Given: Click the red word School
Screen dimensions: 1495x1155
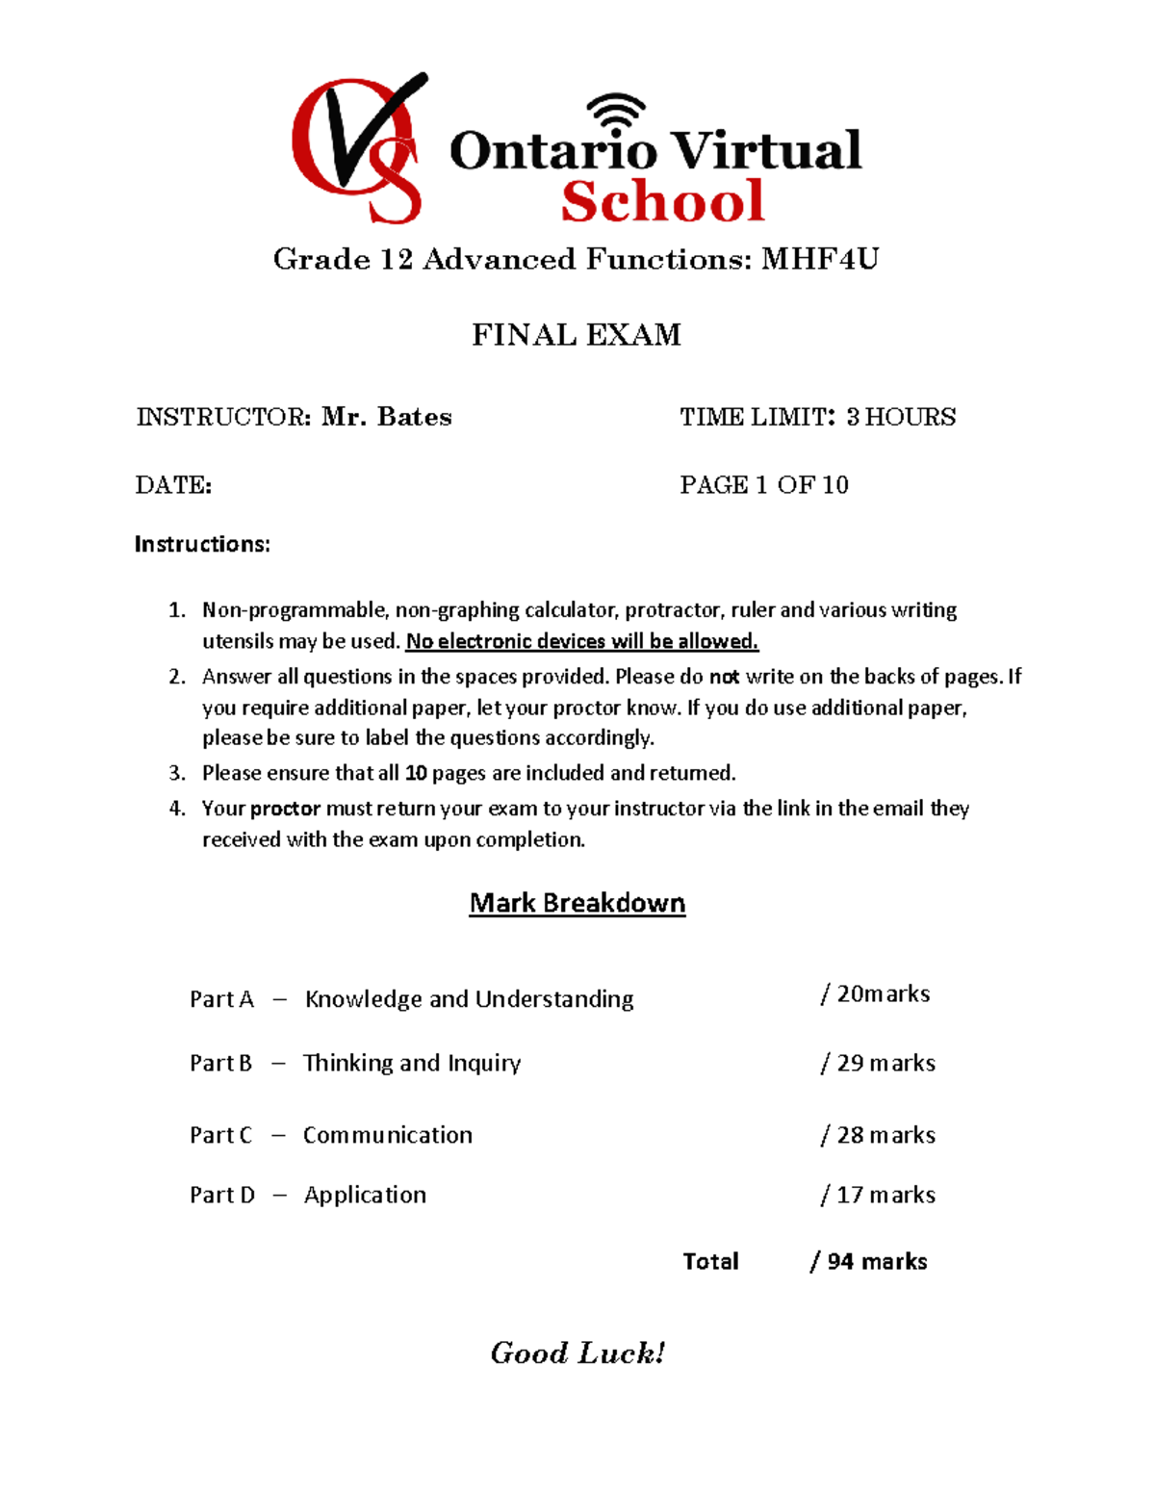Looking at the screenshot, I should pyautogui.click(x=662, y=201).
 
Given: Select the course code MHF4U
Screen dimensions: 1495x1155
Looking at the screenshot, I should pyautogui.click(x=820, y=259).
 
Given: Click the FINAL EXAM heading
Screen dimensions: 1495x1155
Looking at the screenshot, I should pyautogui.click(x=577, y=335).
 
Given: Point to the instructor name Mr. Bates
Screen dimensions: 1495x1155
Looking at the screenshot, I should pyautogui.click(x=387, y=417).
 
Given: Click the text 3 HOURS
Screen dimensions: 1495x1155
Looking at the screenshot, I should pyautogui.click(x=901, y=417).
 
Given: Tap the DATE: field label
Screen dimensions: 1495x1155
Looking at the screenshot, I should pyautogui.click(x=174, y=485).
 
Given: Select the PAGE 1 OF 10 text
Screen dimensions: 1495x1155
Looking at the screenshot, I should pyautogui.click(x=764, y=485).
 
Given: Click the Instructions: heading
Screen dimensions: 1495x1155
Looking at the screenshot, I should pyautogui.click(x=202, y=545).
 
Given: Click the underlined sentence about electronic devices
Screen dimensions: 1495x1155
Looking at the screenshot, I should pyautogui.click(x=582, y=641).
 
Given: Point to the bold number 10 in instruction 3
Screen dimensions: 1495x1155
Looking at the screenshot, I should pyautogui.click(x=416, y=773).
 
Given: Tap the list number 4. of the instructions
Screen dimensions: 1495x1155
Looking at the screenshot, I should pyautogui.click(x=177, y=809).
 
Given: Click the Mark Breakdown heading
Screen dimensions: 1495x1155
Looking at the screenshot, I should pyautogui.click(x=577, y=903).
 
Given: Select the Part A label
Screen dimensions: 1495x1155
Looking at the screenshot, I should pyautogui.click(x=221, y=999).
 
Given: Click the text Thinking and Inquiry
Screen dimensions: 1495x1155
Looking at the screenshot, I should pyautogui.click(x=412, y=1063).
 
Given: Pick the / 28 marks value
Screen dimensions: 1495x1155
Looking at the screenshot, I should pyautogui.click(x=878, y=1135).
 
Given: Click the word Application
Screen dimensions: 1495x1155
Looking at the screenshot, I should pyautogui.click(x=365, y=1195).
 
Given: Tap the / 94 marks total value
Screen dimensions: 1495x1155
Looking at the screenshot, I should pyautogui.click(x=869, y=1261).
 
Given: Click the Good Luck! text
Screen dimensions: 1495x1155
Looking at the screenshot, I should pyautogui.click(x=577, y=1353).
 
